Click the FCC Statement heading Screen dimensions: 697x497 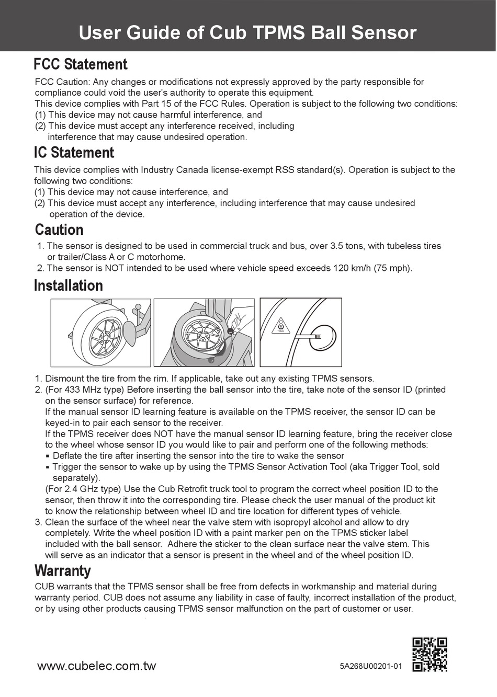80,64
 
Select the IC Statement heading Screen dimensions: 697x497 74,153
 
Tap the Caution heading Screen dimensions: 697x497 59,230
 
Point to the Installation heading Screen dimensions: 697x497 68,285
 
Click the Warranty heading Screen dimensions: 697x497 62,570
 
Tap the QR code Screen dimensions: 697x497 430,654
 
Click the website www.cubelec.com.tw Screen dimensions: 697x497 96,666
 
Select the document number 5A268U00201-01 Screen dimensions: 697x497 370,666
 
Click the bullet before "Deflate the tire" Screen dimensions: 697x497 48,456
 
